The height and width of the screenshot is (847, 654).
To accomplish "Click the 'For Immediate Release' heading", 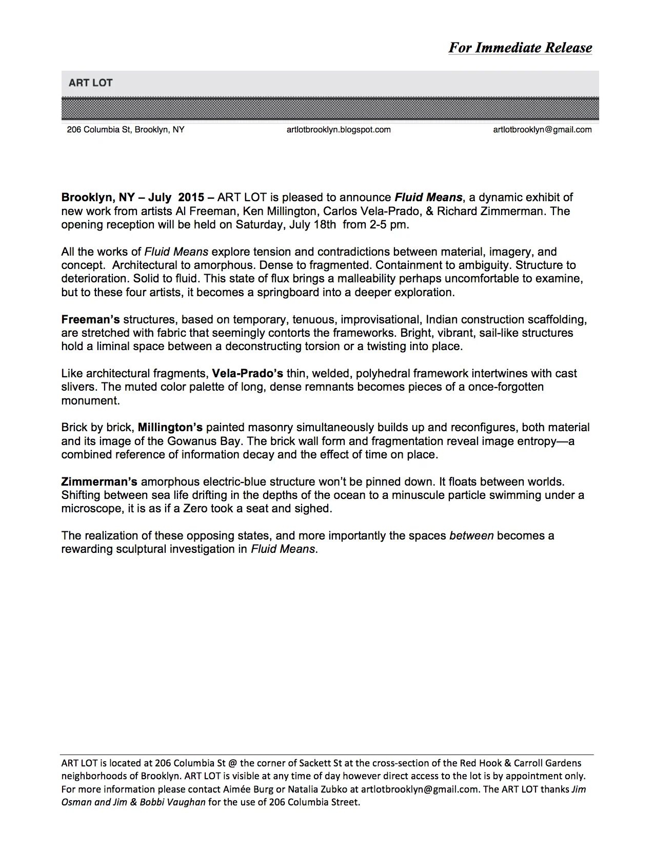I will click(x=520, y=48).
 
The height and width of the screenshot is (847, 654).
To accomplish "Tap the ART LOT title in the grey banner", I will click(x=90, y=83).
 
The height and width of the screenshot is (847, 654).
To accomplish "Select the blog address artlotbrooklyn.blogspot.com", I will click(x=339, y=130).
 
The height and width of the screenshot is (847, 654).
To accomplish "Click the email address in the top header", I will click(x=542, y=130).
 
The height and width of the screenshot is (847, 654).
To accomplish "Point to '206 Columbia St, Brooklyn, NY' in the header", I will click(x=126, y=130).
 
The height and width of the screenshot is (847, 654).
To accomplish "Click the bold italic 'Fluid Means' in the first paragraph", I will click(x=428, y=198).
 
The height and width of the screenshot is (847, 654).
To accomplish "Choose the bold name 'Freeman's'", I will click(x=90, y=320).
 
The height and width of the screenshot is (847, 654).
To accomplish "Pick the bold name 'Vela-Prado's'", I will click(x=247, y=374).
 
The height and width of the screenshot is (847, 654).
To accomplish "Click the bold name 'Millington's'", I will click(x=170, y=428).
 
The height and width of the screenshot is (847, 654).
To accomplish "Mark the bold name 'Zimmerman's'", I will click(x=99, y=482).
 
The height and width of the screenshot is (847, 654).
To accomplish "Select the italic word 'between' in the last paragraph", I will click(x=471, y=536).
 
